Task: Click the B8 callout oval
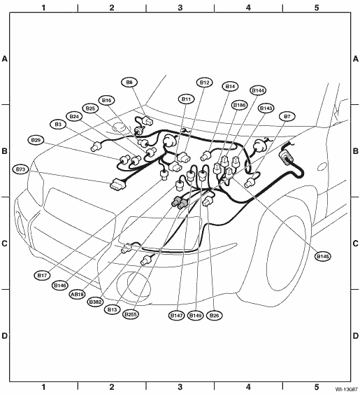[x=129, y=83]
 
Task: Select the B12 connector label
[x=205, y=83]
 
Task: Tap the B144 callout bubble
[x=258, y=90]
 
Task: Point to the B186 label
[x=240, y=105]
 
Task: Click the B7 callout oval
[x=287, y=117]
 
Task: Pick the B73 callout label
[x=20, y=169]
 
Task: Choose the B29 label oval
[x=36, y=140]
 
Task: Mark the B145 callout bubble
[x=323, y=257]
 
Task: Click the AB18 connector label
[x=78, y=294]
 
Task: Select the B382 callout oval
[x=95, y=302]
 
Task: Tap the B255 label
[x=131, y=314]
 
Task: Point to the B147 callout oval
[x=176, y=316]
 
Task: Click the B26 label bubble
[x=214, y=316]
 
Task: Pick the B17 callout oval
[x=42, y=276]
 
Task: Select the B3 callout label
[x=58, y=125]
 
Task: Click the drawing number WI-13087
[x=347, y=389]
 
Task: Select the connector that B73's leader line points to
[x=117, y=185]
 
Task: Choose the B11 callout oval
[x=186, y=99]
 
